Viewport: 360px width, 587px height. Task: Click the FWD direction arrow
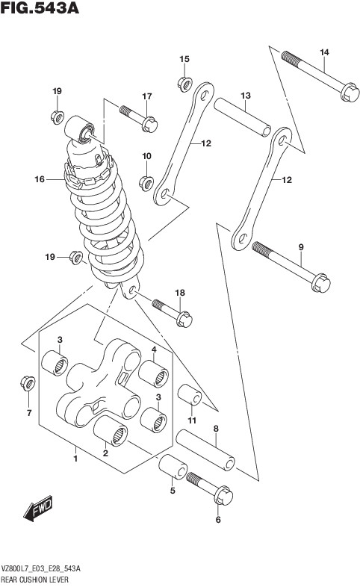pos(38,508)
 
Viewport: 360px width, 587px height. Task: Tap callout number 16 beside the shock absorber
pos(40,179)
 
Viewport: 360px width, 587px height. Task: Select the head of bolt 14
pos(350,92)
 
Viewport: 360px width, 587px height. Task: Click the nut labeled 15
pos(185,84)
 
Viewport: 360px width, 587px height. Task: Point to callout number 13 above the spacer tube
pos(246,96)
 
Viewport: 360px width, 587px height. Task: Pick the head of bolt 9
pos(320,282)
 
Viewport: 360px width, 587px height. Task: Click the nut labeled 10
pos(146,183)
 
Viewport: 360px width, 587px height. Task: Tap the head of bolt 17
pos(149,124)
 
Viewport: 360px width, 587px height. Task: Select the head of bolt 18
pos(184,320)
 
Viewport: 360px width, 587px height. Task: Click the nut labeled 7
pos(28,383)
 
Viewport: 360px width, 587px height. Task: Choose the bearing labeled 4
pos(153,373)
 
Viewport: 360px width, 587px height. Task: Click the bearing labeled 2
pos(111,432)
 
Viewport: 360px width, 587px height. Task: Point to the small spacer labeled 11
pos(190,394)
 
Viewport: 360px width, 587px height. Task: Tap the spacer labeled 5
pos(173,467)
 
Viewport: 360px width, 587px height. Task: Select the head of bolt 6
pos(223,495)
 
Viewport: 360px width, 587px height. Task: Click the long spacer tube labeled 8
pos(205,450)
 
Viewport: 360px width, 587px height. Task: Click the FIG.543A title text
pos(40,8)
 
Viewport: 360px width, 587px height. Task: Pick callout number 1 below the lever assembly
pos(75,459)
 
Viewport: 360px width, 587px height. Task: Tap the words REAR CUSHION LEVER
pos(35,580)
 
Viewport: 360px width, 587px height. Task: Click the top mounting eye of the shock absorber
pos(80,129)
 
